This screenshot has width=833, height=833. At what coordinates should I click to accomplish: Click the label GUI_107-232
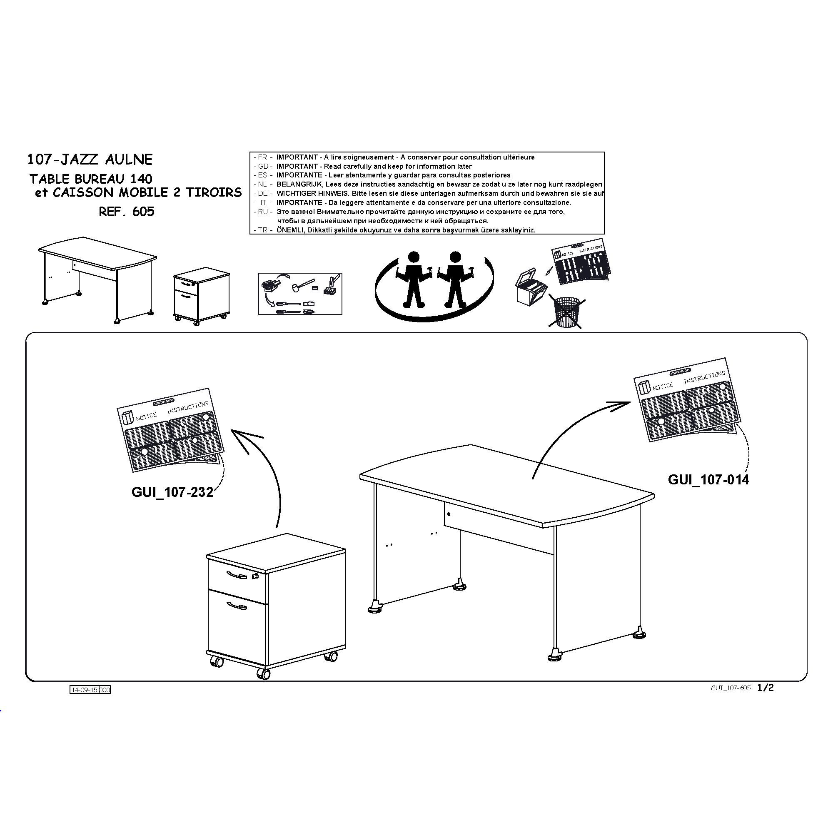click(x=172, y=492)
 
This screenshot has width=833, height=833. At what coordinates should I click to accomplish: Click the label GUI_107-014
click(x=708, y=479)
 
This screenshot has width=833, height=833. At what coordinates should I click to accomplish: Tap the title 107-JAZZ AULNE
click(x=90, y=160)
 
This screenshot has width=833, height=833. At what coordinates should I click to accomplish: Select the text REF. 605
click(x=126, y=211)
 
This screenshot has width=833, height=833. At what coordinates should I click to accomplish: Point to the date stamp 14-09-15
click(x=85, y=690)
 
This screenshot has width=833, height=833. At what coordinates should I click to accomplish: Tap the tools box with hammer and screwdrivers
click(x=300, y=294)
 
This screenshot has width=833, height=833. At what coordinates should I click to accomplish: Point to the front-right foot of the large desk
click(x=554, y=656)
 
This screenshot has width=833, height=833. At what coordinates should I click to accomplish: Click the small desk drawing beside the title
click(x=97, y=280)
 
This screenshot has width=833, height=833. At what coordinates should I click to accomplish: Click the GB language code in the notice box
click(x=263, y=167)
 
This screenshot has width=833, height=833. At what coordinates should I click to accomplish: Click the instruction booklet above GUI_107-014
click(x=687, y=400)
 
